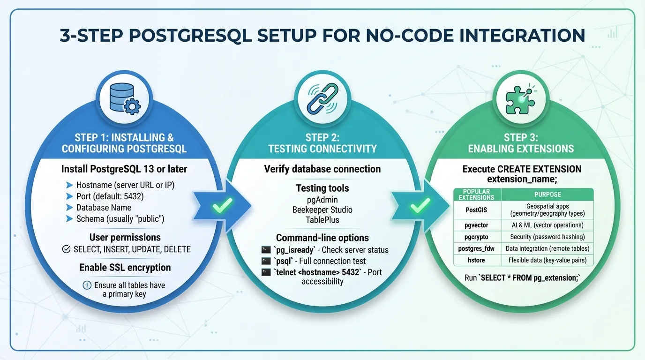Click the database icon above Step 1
coord(125,100)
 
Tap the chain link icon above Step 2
coord(322,99)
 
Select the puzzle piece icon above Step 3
coord(520,100)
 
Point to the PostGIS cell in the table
coord(477,210)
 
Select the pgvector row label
coord(477,225)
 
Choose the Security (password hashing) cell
coord(547,237)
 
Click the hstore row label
coord(477,260)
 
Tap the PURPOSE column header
coord(547,194)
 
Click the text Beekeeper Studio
coord(322,210)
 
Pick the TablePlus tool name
coord(322,219)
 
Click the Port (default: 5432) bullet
coord(110,196)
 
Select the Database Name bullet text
coord(104,208)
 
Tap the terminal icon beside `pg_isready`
coord(266,250)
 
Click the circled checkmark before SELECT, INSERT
coord(67,249)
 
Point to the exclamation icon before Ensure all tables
coord(87,285)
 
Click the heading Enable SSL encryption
coord(125,268)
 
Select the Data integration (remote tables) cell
coord(547,248)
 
